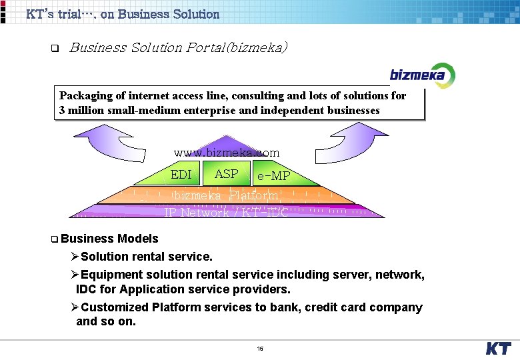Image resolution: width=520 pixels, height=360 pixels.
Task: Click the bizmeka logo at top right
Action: pos(417,74)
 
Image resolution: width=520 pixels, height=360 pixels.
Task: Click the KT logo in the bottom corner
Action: pos(498,348)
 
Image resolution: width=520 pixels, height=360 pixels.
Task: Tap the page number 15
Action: pos(260,349)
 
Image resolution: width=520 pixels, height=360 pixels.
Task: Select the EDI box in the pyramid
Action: pos(181,175)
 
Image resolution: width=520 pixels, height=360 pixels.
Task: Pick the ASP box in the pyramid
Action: pos(227,174)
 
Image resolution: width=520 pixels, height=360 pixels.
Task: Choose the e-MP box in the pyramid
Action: pos(273,176)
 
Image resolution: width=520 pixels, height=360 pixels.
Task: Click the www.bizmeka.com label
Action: pos(227,153)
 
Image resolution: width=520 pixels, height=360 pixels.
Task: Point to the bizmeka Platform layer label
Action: pos(226,195)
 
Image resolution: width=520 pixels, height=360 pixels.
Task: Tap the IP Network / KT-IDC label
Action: pos(226,212)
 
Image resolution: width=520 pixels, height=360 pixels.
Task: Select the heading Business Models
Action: pos(109,239)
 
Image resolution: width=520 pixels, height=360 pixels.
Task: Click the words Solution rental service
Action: pos(147,257)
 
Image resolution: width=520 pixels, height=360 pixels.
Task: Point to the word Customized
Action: pos(115,307)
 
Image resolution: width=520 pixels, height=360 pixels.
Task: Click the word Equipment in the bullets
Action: pos(110,275)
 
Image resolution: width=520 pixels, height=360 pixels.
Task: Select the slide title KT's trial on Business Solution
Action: pos(123,14)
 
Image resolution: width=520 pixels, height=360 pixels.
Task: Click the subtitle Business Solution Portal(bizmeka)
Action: pos(179,47)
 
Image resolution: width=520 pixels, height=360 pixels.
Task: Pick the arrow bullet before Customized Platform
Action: pos(75,307)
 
